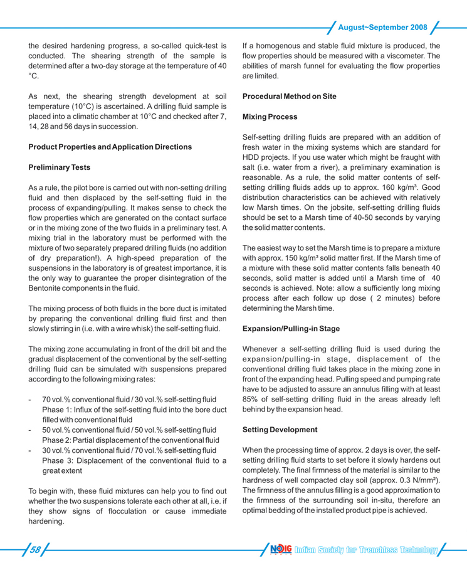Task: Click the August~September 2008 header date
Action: click(x=382, y=28)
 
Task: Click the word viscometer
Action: click(x=418, y=56)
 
